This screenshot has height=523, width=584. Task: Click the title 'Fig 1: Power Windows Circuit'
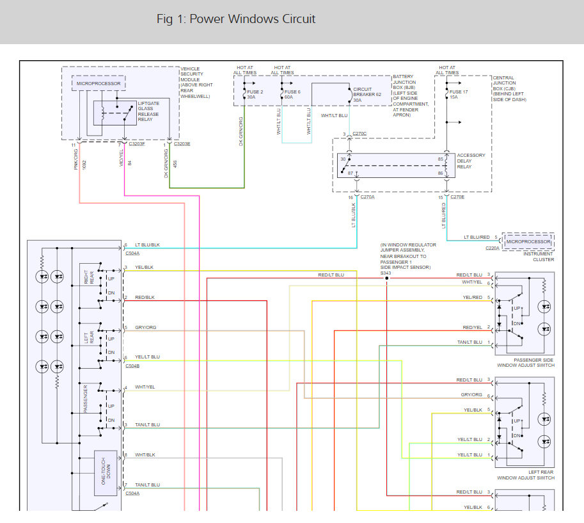235,19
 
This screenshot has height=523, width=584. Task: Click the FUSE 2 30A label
255,95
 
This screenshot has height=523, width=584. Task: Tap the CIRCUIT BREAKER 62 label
367,95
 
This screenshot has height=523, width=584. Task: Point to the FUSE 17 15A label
457,95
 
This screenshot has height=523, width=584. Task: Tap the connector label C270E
457,197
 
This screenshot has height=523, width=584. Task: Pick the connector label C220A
493,247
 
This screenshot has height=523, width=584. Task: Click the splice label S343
386,273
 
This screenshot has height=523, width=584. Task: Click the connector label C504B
133,366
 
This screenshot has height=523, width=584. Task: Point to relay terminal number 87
350,173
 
